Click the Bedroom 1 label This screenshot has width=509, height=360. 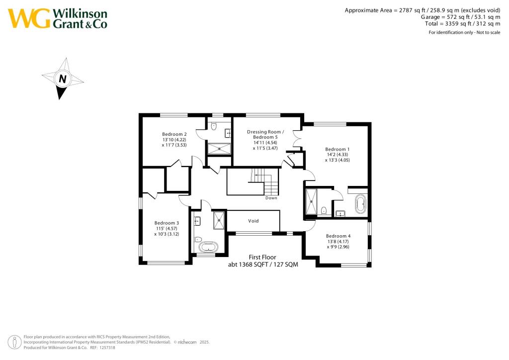338,149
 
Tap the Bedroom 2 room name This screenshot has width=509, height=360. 174,134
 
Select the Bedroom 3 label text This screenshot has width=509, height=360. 167,223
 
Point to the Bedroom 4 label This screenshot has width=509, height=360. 338,236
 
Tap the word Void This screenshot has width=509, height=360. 253,221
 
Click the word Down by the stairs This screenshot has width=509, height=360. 271,198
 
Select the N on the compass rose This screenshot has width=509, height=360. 63,79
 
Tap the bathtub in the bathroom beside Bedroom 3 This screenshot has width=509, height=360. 208,247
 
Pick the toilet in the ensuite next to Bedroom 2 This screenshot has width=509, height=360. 214,127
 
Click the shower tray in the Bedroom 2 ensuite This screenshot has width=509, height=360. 219,148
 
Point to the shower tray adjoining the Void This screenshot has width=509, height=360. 219,220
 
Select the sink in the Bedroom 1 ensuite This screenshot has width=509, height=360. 340,213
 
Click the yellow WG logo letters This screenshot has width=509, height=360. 29,18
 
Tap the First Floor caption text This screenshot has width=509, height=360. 262,257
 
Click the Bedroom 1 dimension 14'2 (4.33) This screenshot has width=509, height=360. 338,155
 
